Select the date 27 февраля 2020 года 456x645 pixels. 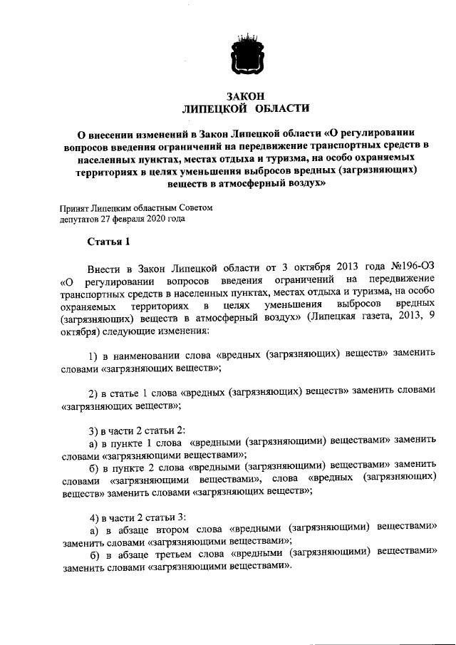147,218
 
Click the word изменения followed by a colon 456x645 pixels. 164,331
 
